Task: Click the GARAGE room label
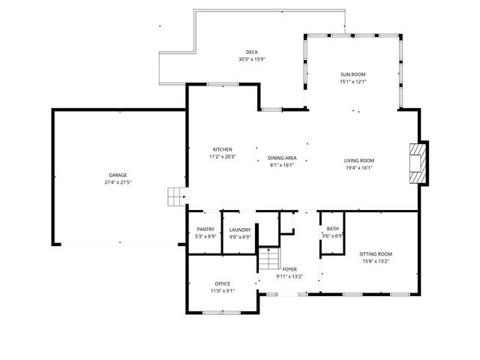(118, 175)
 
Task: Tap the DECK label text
(252, 52)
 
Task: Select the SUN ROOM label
(352, 75)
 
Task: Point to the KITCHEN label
(223, 149)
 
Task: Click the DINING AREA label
(283, 158)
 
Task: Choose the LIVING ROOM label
(359, 160)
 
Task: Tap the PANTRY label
(205, 229)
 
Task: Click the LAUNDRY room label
(240, 229)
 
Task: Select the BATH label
(332, 229)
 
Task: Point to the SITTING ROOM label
(376, 253)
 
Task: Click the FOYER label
(289, 268)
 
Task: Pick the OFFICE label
(222, 283)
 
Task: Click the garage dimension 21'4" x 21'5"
(118, 182)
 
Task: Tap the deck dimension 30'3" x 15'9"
(252, 59)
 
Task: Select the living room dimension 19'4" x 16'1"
(359, 167)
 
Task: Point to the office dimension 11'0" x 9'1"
(222, 290)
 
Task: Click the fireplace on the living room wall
(418, 162)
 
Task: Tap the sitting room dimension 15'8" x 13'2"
(376, 261)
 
